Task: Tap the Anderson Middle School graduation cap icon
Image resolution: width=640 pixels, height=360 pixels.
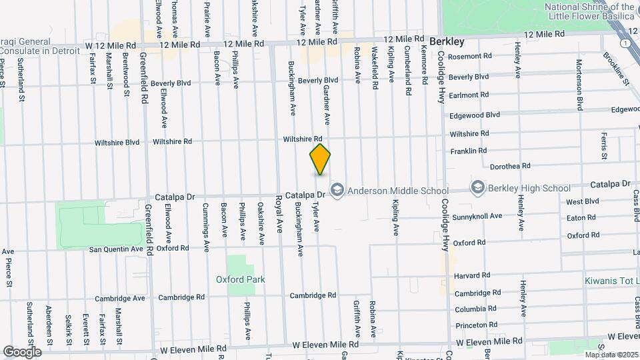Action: [x=337, y=191]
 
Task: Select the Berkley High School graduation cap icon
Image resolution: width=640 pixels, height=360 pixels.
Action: [x=477, y=188]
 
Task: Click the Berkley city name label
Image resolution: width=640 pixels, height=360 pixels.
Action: [x=447, y=41]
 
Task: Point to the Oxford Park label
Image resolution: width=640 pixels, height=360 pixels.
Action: [x=240, y=279]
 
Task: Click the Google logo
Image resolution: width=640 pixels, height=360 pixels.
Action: [x=22, y=351]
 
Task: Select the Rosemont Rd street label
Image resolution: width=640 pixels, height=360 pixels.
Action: [x=470, y=57]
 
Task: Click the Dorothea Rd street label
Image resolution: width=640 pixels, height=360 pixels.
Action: [x=510, y=166]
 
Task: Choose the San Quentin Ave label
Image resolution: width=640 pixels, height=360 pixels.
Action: [x=117, y=249]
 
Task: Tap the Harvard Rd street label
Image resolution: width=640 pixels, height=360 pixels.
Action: [x=472, y=275]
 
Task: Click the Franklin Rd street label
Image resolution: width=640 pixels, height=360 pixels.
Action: [x=469, y=152]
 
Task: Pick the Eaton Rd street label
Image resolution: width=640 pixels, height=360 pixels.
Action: [x=581, y=218]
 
